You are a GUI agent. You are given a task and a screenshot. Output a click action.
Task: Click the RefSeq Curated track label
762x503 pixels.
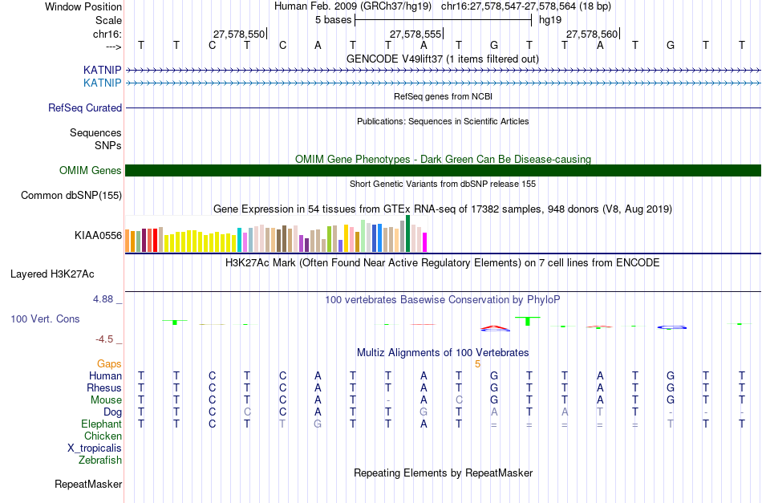[85, 107]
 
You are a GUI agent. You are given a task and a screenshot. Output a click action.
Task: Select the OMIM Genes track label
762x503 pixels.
[90, 170]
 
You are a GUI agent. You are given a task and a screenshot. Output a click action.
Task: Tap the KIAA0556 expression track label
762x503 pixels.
[98, 235]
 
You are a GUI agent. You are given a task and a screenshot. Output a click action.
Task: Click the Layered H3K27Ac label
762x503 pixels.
[52, 274]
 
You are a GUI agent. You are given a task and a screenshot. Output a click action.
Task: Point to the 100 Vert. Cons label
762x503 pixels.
[45, 318]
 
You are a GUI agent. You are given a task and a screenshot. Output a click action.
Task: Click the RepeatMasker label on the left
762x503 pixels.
[88, 484]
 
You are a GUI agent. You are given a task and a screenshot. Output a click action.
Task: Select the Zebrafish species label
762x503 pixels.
[100, 460]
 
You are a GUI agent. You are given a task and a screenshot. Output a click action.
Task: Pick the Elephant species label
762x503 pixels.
[101, 424]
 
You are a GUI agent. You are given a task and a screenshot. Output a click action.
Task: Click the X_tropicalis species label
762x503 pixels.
[95, 448]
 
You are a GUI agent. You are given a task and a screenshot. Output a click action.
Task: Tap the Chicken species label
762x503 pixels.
[103, 436]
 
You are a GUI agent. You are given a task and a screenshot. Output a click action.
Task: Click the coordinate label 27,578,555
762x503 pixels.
[415, 34]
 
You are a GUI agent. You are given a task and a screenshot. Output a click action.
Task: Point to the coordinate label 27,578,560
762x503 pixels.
[592, 34]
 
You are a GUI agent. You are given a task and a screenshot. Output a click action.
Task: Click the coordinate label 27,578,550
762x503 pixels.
[239, 34]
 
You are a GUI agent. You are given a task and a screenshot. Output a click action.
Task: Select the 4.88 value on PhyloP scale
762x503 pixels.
[104, 299]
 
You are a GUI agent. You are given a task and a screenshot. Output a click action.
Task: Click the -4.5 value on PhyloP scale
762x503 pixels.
[104, 339]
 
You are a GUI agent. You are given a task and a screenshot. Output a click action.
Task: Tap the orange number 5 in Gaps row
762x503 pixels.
[478, 363]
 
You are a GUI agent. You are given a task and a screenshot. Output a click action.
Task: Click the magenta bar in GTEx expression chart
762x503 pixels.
[425, 241]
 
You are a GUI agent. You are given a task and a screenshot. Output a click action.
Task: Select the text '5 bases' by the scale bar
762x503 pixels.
[333, 19]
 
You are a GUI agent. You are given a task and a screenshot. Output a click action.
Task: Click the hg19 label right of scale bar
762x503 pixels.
[550, 19]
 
